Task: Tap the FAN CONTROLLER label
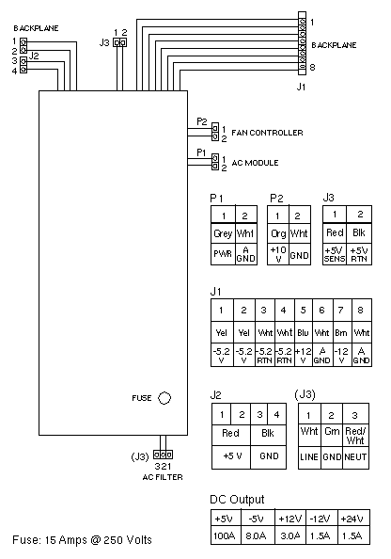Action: tap(267, 133)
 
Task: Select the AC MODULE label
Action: tap(255, 163)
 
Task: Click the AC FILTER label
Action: tap(163, 477)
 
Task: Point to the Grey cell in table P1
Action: tap(223, 233)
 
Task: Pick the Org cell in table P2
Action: tap(278, 233)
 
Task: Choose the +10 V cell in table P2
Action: tap(278, 254)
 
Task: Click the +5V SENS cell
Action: tap(335, 254)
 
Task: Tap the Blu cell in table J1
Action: tap(303, 332)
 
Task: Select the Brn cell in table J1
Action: tap(341, 332)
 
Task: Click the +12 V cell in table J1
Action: tap(303, 355)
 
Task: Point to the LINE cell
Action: tap(309, 456)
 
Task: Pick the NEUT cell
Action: tap(355, 456)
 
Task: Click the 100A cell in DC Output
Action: tap(225, 535)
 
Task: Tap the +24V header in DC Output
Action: tap(352, 519)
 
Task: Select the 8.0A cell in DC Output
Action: tap(256, 535)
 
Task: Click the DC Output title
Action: tap(237, 500)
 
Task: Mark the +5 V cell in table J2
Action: tap(232, 456)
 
